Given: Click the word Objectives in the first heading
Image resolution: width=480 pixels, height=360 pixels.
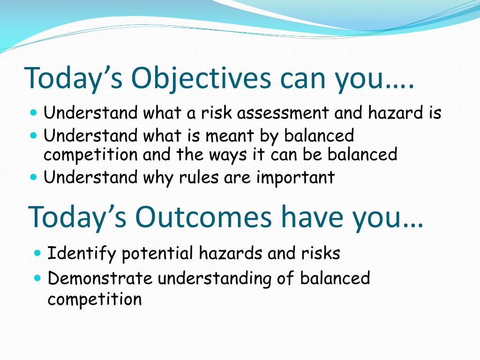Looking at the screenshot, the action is (201, 78).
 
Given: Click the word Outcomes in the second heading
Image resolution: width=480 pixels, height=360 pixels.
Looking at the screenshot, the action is (203, 217).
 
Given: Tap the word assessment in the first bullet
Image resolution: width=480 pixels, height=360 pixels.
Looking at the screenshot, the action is (283, 112).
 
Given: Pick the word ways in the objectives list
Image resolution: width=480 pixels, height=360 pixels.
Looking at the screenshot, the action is (228, 155).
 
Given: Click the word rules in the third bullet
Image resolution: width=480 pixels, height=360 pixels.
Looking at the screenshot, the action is (199, 177).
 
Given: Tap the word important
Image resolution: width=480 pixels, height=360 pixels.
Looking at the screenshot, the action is (295, 178).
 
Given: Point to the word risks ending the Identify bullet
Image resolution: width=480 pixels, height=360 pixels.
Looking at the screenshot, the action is (321, 253).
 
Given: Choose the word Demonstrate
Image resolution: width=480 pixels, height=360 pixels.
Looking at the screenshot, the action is (100, 278).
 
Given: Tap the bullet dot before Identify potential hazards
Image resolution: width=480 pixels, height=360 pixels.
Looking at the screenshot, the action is (37, 253).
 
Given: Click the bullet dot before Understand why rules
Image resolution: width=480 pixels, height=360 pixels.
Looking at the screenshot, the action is (34, 177).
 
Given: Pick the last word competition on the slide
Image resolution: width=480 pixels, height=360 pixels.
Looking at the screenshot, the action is (95, 299).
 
